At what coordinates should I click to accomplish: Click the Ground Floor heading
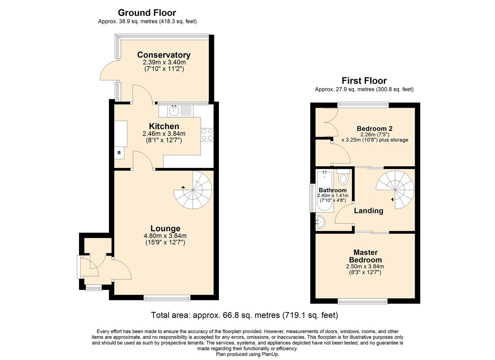pyautogui.click(x=147, y=13)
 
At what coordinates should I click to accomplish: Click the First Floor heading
pyautogui.click(x=364, y=81)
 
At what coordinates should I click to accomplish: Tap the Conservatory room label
pyautogui.click(x=164, y=55)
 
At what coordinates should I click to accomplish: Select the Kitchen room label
pyautogui.click(x=164, y=126)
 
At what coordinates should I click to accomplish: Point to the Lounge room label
pyautogui.click(x=165, y=228)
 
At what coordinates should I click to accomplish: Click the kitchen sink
pyautogui.click(x=174, y=110)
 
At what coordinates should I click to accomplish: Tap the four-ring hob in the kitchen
pyautogui.click(x=207, y=134)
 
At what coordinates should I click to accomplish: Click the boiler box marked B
pyautogui.click(x=119, y=153)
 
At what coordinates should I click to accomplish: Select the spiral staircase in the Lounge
pyautogui.click(x=195, y=190)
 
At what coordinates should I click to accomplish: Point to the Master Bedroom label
pyautogui.click(x=365, y=256)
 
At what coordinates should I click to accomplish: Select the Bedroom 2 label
pyautogui.click(x=374, y=129)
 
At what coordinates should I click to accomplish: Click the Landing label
pyautogui.click(x=368, y=211)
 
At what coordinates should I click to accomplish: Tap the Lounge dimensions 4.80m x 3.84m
pyautogui.click(x=165, y=236)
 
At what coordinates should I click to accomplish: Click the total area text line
pyautogui.click(x=244, y=315)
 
